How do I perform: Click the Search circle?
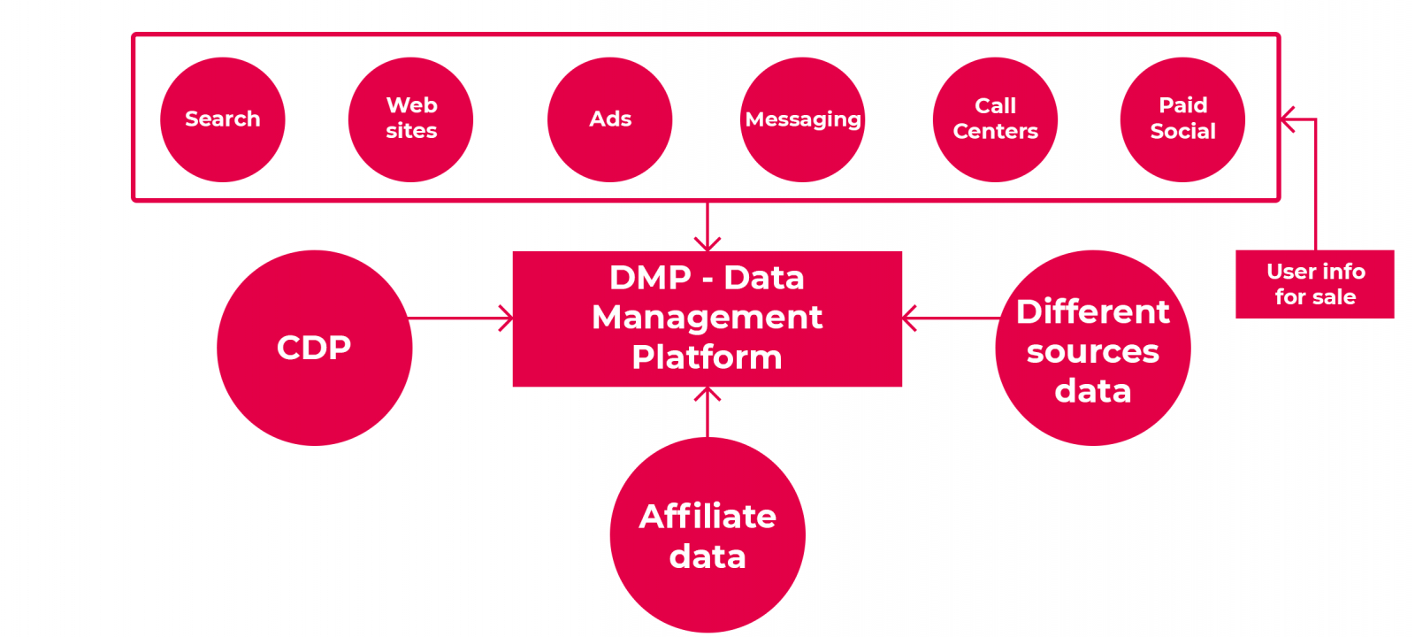(222, 119)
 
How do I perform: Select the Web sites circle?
(410, 119)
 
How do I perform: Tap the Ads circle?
(609, 119)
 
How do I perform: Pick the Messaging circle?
(802, 119)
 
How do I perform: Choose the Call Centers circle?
(995, 119)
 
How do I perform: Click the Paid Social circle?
(1182, 119)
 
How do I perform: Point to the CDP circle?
(314, 348)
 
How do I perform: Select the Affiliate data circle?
(707, 535)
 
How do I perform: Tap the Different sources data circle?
(1093, 348)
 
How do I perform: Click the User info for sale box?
(1315, 284)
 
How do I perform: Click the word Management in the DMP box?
(707, 318)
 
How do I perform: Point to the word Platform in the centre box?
(707, 357)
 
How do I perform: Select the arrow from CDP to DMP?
(460, 318)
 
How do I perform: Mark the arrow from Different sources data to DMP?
(951, 318)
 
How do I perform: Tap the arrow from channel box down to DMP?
(707, 226)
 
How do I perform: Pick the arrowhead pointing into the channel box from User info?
(1289, 119)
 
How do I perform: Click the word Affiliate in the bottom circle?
(707, 517)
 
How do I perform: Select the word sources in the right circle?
(1093, 352)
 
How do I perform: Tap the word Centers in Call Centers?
(995, 132)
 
